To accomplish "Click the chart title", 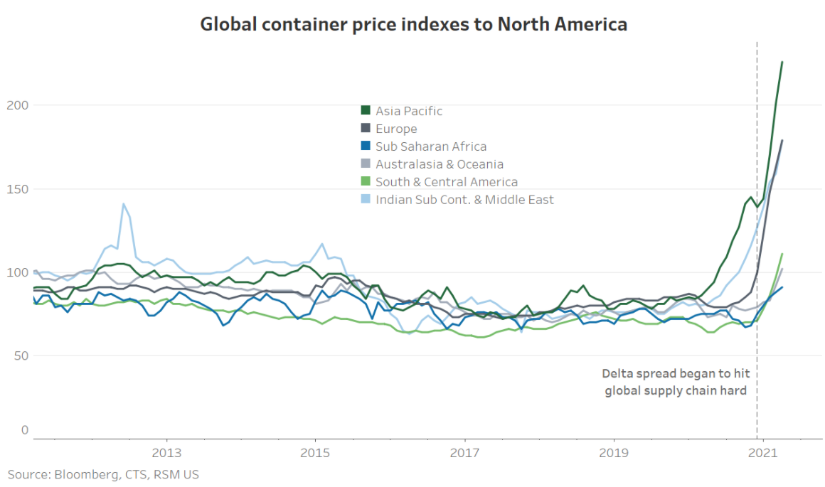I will (x=413, y=24).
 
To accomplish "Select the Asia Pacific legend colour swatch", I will (x=366, y=111).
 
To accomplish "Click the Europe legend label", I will (x=396, y=129).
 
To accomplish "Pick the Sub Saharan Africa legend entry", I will (x=431, y=146).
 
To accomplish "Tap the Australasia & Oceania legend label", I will (x=440, y=164).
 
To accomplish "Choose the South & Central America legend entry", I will (x=447, y=182).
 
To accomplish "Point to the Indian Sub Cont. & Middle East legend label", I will (x=464, y=200).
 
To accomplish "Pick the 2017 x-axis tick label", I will (x=464, y=453).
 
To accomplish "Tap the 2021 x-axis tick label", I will (x=762, y=453).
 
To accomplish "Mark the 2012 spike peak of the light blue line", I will (x=123, y=204).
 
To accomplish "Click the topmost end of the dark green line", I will (x=782, y=62).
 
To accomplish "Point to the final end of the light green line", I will (x=782, y=254).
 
